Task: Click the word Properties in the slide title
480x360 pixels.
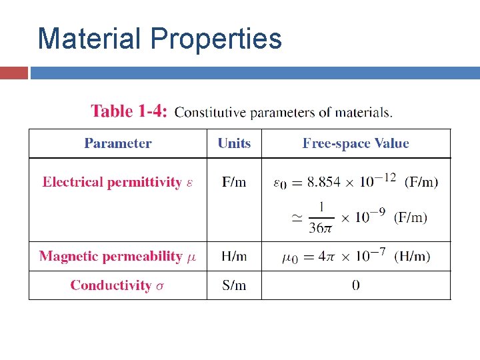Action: coord(217,40)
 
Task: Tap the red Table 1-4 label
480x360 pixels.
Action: coord(129,111)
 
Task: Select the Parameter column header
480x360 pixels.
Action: coord(117,143)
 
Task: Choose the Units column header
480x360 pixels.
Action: coord(234,143)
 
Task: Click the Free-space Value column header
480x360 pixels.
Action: coord(355,143)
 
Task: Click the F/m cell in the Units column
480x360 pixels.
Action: coord(234,182)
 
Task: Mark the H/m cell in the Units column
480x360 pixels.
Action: coord(234,256)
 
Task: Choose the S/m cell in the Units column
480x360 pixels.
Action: coord(234,285)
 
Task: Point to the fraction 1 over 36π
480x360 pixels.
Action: coord(320,218)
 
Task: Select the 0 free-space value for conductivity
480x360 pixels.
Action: coord(355,285)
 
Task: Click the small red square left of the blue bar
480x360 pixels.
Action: coord(14,72)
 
